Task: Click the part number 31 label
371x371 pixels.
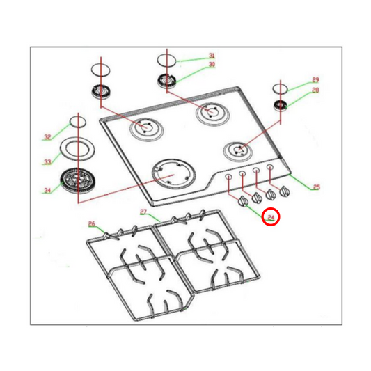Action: (212, 56)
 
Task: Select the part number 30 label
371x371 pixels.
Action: (212, 65)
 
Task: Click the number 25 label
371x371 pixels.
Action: (316, 187)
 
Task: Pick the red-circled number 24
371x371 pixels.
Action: (271, 217)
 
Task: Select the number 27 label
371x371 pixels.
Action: (143, 212)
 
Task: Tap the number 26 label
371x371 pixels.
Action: (91, 223)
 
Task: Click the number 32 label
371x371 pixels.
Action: (47, 136)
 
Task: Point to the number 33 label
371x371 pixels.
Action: (47, 162)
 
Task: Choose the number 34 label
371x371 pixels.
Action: (47, 189)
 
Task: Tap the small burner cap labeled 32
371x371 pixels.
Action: (77, 124)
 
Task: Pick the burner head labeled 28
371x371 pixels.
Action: (281, 105)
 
